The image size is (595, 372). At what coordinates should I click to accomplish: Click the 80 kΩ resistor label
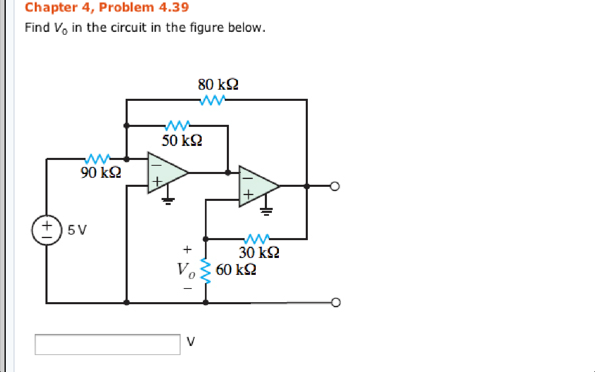click(x=218, y=84)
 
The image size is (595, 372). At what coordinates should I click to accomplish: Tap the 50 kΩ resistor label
click(x=182, y=141)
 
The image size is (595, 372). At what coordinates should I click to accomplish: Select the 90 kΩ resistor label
click(x=101, y=172)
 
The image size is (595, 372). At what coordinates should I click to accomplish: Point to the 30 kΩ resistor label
click(x=259, y=252)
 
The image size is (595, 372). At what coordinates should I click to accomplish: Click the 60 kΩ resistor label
click(x=236, y=269)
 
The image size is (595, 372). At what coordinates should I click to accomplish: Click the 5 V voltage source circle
click(x=47, y=230)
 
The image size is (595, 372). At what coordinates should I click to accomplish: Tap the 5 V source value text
click(x=77, y=230)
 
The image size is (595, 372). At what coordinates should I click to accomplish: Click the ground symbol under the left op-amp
click(x=168, y=201)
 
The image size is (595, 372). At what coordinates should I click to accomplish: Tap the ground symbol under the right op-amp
click(x=266, y=212)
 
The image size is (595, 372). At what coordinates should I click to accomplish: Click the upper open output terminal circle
click(x=335, y=186)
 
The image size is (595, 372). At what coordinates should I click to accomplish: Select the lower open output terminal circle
click(x=336, y=303)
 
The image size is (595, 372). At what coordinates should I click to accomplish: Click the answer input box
click(x=107, y=344)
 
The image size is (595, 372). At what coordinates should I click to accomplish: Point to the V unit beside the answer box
click(x=190, y=341)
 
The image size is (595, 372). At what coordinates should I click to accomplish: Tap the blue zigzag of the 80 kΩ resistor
click(x=212, y=100)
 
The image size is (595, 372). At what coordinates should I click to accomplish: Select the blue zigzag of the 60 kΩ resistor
click(x=205, y=271)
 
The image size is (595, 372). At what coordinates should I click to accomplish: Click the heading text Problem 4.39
click(x=144, y=7)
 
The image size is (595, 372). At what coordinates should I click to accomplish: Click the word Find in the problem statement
click(x=37, y=28)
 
